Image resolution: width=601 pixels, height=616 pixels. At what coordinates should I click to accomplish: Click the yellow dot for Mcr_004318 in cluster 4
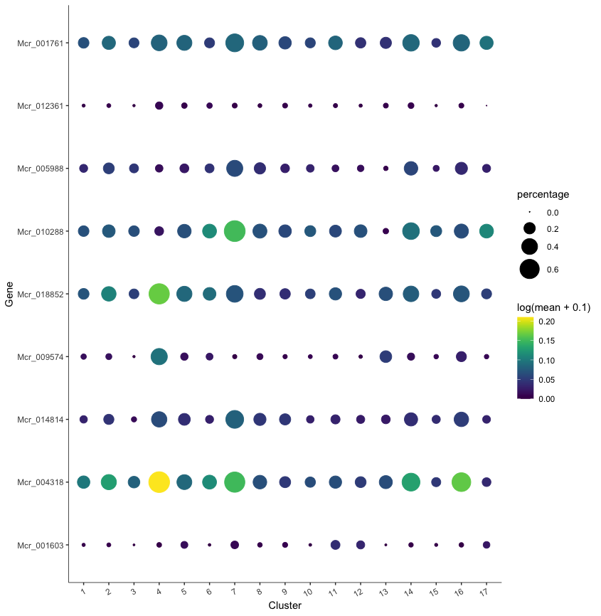(x=159, y=482)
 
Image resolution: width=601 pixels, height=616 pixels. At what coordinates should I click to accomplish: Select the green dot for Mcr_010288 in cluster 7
(x=235, y=231)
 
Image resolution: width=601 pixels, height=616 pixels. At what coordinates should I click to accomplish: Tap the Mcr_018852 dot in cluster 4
(x=159, y=294)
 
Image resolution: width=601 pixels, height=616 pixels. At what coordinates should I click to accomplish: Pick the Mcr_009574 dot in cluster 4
(x=159, y=356)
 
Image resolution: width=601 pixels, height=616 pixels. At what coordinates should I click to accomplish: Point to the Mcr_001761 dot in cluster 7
(x=235, y=43)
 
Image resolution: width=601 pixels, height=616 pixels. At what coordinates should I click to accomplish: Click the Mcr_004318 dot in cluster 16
(x=461, y=482)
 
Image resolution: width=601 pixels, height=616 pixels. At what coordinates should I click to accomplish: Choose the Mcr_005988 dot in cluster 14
(x=410, y=169)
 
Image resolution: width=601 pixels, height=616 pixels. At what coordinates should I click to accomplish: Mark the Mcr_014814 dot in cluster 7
(x=235, y=420)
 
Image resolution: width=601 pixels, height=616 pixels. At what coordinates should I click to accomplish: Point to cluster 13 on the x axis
(x=385, y=592)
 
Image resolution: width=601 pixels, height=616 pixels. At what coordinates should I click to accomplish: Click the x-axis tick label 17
(x=485, y=592)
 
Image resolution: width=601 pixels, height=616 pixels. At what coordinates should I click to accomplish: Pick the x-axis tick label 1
(x=83, y=592)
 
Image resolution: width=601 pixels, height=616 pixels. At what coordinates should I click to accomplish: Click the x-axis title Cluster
(x=284, y=605)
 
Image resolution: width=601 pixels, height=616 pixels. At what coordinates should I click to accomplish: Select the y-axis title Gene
(x=9, y=294)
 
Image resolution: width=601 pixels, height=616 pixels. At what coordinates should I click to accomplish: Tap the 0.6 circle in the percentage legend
(x=529, y=269)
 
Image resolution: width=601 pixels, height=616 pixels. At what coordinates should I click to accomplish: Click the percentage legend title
(x=543, y=195)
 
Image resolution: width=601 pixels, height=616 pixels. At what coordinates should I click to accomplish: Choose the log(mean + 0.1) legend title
(x=555, y=307)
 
